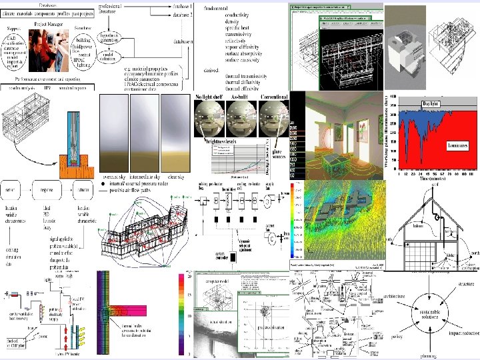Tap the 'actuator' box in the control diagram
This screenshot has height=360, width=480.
(83, 189)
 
